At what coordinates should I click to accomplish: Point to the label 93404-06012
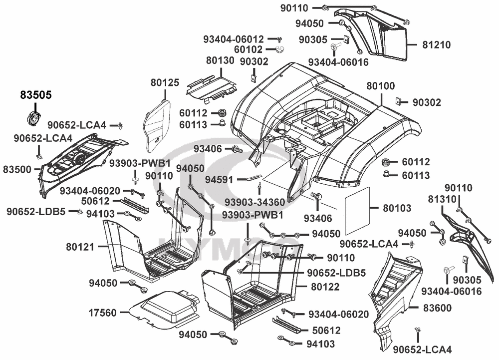coord(234,39)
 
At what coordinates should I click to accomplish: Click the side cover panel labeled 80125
coord(156,125)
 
